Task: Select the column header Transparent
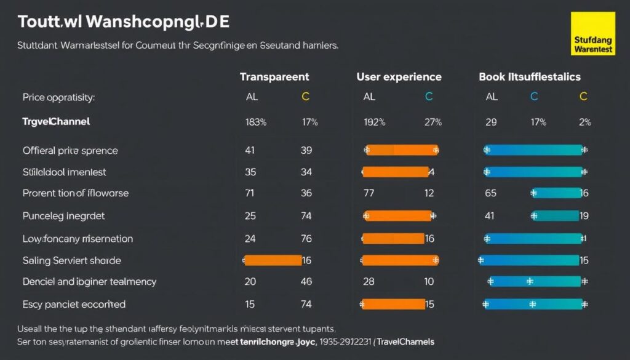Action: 274,77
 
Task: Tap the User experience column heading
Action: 399,77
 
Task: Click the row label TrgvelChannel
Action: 56,122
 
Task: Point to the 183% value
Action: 255,122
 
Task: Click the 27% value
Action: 433,122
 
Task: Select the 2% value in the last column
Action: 584,122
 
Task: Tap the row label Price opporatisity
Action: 58,97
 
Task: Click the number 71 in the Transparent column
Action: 250,193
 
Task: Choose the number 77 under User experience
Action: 369,193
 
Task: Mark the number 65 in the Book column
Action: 491,193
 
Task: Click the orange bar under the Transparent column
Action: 273,260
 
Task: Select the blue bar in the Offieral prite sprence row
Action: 533,150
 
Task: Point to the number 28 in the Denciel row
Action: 369,282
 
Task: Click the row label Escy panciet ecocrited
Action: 74,304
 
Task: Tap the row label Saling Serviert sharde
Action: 71,260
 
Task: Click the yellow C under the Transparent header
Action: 305,97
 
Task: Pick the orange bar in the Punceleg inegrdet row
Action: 399,215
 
